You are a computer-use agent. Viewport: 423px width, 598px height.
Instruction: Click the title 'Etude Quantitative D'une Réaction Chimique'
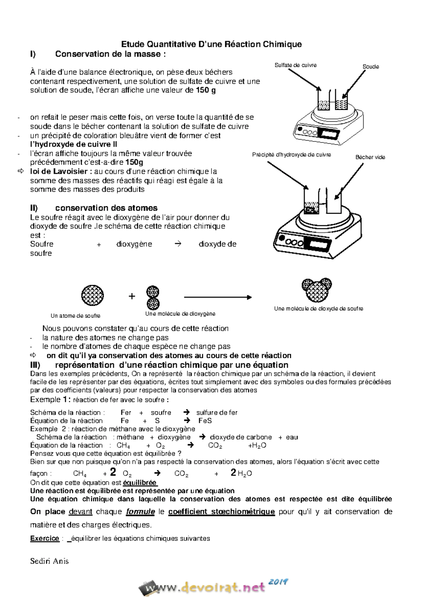(x=211, y=44)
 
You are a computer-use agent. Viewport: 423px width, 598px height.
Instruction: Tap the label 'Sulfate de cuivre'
(x=295, y=65)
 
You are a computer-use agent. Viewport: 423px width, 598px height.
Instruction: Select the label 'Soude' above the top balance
(x=370, y=67)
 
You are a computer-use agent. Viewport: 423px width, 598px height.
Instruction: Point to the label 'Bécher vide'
(x=370, y=157)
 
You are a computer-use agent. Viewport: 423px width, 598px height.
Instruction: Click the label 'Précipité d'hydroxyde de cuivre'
(x=292, y=155)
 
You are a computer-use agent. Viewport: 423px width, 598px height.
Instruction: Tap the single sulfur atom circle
(x=92, y=295)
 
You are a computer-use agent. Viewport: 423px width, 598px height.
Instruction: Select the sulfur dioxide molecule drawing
(x=317, y=290)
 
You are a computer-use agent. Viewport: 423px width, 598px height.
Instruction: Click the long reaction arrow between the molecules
(x=217, y=298)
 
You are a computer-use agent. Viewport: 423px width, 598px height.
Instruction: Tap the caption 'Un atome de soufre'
(x=75, y=316)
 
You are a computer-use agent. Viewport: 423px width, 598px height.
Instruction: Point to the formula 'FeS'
(x=205, y=421)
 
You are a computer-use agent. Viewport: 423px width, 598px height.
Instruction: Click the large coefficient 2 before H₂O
(x=233, y=472)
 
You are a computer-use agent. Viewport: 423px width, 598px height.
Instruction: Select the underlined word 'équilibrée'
(x=140, y=483)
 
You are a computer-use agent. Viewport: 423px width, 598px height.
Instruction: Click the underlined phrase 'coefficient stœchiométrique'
(x=221, y=512)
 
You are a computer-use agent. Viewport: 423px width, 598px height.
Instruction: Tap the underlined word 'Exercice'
(x=44, y=538)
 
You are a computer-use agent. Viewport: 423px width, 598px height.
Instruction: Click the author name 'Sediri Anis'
(x=49, y=561)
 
